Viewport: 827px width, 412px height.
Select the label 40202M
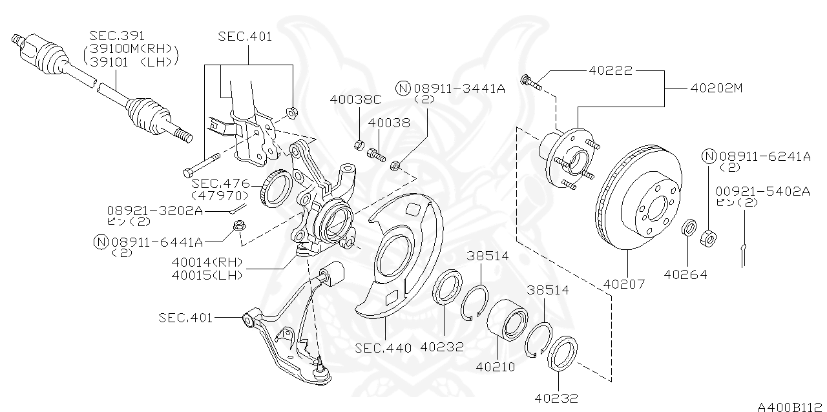coord(716,88)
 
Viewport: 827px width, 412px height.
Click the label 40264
coord(686,274)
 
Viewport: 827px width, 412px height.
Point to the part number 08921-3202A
coord(155,211)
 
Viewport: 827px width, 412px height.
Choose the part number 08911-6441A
coord(158,242)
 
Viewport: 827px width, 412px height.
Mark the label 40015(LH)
coord(207,274)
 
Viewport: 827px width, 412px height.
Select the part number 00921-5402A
coord(762,191)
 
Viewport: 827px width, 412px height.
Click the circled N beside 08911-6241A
coord(709,156)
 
